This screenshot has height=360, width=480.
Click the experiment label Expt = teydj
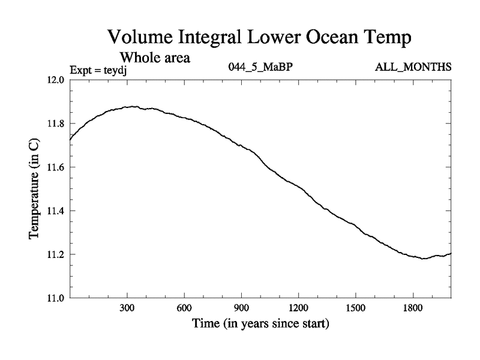coord(100,69)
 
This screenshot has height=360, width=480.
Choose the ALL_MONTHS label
coord(413,67)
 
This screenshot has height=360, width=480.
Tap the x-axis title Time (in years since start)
coord(261,324)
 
